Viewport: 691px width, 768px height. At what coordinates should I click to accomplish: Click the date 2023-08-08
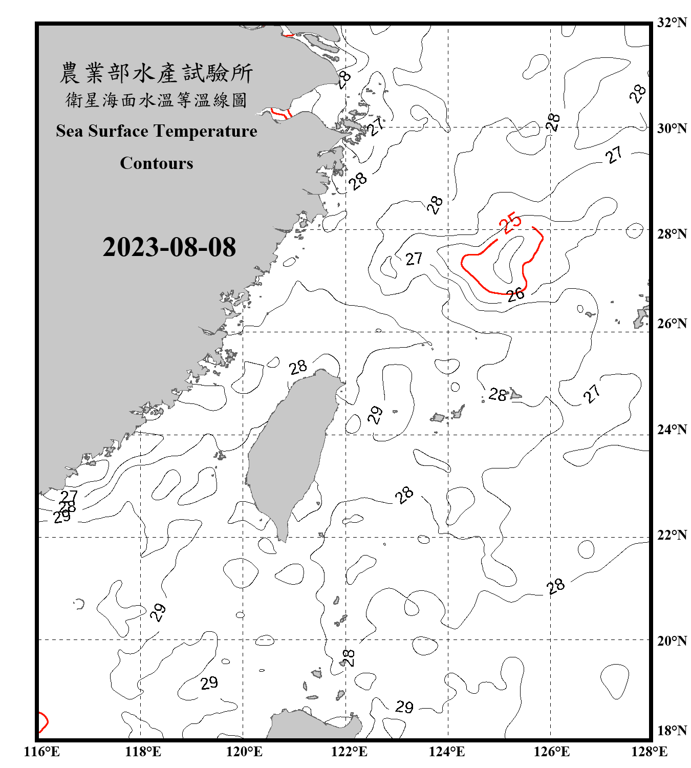[169, 247]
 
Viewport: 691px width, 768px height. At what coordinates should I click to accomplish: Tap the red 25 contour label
[510, 223]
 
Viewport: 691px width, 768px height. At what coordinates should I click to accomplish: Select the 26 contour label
[515, 294]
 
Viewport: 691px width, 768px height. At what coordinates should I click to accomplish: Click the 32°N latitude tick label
[672, 23]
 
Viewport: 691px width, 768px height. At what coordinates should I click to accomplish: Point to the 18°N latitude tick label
[672, 730]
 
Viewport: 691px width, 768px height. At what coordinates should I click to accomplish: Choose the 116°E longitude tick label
[42, 752]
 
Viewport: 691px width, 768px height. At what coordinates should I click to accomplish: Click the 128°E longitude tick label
[649, 752]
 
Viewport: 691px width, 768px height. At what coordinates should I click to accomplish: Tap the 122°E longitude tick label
[349, 752]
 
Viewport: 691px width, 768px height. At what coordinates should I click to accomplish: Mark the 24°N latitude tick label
[672, 429]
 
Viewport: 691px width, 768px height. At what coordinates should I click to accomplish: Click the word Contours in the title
[157, 163]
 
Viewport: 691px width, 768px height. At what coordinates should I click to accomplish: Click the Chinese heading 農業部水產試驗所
[156, 73]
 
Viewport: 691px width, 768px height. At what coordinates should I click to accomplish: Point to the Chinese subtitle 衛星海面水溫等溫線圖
[156, 100]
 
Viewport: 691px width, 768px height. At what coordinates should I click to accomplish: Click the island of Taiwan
[289, 451]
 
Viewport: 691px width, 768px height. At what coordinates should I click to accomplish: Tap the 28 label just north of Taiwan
[297, 367]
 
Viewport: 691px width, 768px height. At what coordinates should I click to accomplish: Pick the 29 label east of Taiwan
[375, 415]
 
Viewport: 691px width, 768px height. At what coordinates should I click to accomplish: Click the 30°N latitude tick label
[672, 128]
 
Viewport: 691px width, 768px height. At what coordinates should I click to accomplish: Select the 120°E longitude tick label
[244, 752]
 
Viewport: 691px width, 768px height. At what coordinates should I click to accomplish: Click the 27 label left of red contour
[414, 259]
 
